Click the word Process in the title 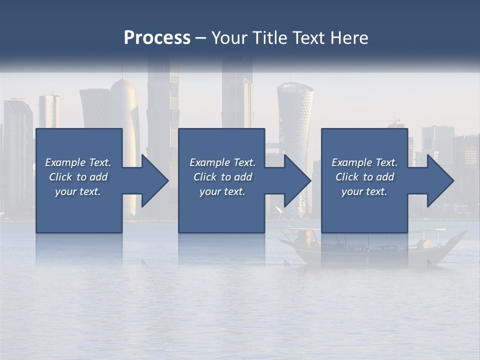coord(157,38)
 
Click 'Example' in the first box coord(65,162)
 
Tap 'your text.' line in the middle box coord(222,191)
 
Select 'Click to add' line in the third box coord(364,177)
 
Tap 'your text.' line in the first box coord(77,191)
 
